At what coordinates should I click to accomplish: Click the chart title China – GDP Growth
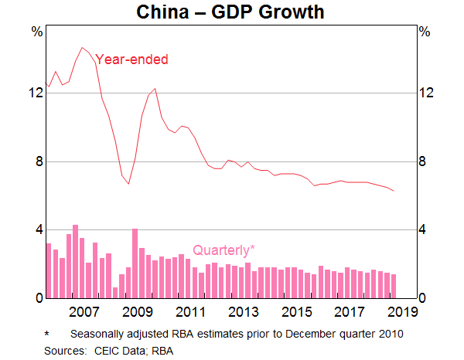click(231, 12)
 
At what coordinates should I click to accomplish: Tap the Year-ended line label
click(131, 59)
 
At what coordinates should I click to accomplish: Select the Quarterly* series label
click(223, 250)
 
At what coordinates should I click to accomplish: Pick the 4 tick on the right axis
click(423, 230)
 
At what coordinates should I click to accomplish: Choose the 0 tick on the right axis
click(423, 299)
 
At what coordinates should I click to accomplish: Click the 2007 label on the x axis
click(84, 312)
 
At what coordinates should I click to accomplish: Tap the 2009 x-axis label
click(137, 312)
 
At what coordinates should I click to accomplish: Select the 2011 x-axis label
click(190, 312)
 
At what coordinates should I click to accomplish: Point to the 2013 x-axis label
click(243, 312)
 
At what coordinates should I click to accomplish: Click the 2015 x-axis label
click(296, 312)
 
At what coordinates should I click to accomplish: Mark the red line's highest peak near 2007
click(82, 48)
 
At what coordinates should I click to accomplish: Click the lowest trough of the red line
click(128, 184)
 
